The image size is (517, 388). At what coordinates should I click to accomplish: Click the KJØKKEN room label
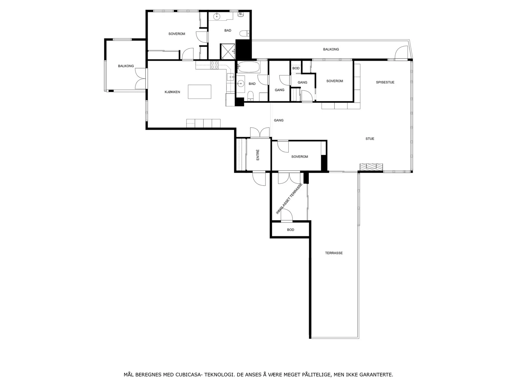coord(172,92)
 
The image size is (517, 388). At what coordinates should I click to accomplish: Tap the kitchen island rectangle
coord(199,92)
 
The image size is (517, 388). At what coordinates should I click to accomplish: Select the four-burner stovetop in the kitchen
coord(214,65)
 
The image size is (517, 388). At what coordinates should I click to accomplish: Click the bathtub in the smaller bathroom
coord(248,67)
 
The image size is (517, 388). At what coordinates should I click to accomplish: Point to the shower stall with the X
coord(227,51)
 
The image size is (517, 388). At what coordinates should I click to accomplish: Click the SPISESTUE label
coord(385,82)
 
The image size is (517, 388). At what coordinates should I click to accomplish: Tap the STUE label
coord(370,138)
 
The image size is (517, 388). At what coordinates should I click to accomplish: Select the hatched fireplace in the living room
coord(371,167)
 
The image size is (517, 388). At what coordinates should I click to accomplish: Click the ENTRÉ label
coord(258,155)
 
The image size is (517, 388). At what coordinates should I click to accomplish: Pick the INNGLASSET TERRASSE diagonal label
coord(289,199)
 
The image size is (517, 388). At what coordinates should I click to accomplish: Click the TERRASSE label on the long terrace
coord(334,253)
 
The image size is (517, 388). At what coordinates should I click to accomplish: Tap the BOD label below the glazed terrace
coord(290,230)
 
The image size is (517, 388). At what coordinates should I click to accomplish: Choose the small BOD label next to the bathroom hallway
coord(296,68)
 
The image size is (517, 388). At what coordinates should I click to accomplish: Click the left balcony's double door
coord(141,79)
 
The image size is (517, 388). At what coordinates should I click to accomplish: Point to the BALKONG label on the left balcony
coord(126,66)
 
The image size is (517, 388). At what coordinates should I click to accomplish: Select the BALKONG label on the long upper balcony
coord(331,49)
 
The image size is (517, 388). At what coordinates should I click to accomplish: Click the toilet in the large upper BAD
coord(245,33)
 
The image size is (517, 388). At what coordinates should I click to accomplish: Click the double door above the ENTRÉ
coord(260,132)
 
